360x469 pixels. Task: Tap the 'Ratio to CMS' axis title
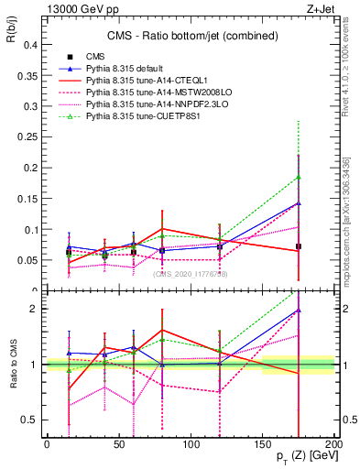[x=12, y=366]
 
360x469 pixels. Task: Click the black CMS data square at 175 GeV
[x=299, y=246]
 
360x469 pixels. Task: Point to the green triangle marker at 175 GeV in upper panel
[x=299, y=177]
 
